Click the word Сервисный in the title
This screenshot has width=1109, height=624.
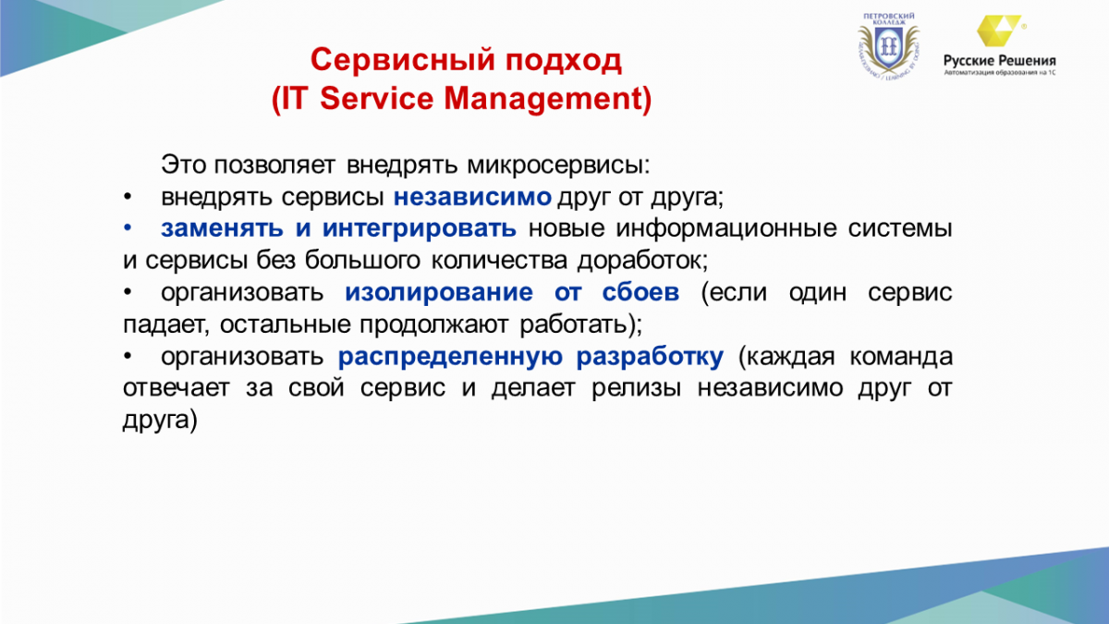click(403, 60)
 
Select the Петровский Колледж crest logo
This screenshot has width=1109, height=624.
click(889, 47)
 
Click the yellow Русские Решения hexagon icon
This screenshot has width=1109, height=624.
click(999, 31)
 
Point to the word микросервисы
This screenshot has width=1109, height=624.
click(558, 165)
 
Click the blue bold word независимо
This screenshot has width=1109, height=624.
click(472, 197)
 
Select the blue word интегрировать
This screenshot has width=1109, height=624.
click(420, 229)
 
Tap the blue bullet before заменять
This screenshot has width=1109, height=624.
click(128, 228)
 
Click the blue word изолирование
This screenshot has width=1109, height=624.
click(439, 292)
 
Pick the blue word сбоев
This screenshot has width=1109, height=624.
click(640, 292)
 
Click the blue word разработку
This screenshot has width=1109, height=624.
click(650, 357)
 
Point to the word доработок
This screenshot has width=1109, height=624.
click(642, 261)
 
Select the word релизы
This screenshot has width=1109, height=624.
click(637, 387)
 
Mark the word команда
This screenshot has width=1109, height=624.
click(901, 357)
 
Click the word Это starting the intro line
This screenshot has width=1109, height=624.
click(183, 165)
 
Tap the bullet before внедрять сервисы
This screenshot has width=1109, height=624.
click(128, 197)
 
